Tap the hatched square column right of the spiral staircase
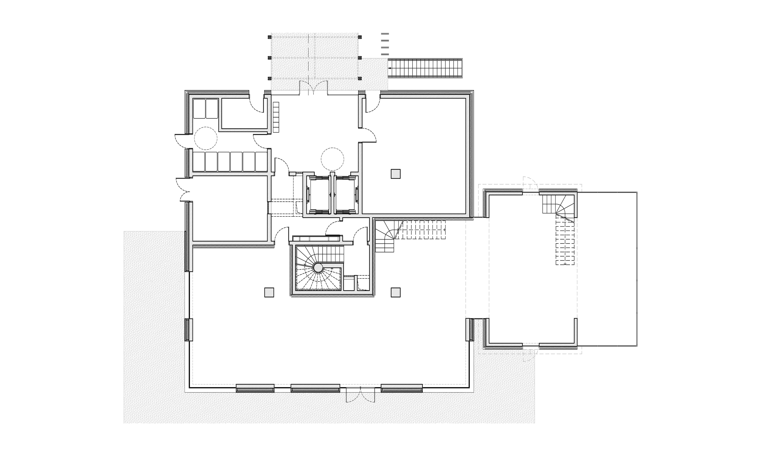click(396, 292)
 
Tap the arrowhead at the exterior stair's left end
click(390, 68)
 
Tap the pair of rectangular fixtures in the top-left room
click(206, 108)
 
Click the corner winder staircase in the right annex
click(558, 206)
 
